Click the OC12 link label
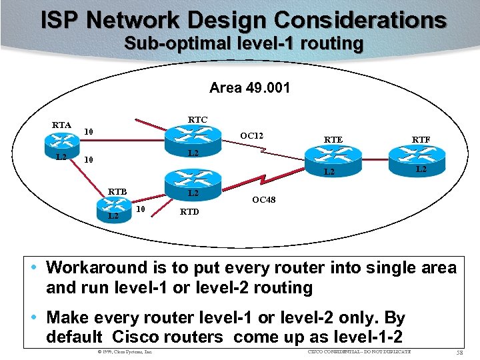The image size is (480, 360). point(252,137)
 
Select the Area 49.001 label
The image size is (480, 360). point(249,87)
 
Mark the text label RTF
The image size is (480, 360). point(421,139)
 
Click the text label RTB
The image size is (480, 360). point(118,192)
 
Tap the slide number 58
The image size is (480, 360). point(459,351)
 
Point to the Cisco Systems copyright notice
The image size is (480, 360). point(125,351)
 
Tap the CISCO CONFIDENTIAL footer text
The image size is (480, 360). point(359,351)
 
